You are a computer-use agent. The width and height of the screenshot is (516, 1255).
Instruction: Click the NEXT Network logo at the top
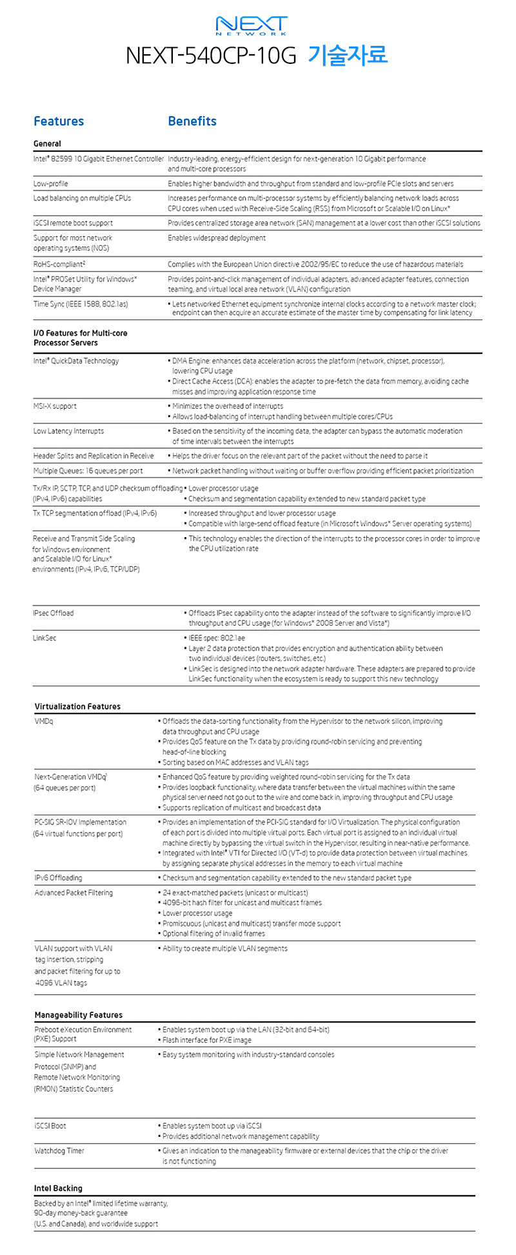tap(252, 26)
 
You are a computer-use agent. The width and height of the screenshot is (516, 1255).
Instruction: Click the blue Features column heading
tap(59, 121)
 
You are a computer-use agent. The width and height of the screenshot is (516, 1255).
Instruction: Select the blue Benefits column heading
tap(192, 121)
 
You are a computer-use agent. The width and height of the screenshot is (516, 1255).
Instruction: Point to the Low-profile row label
tap(50, 184)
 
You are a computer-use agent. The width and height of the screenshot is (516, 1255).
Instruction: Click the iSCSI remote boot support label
tap(73, 223)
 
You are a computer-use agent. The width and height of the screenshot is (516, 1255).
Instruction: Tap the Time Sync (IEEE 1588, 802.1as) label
tap(81, 304)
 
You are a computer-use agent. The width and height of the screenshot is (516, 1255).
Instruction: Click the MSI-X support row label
tap(55, 407)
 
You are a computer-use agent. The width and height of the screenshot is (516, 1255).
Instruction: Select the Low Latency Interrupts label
tap(68, 431)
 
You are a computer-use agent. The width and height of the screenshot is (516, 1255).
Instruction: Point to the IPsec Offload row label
tap(53, 613)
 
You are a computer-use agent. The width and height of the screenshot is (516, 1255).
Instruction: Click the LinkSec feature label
tap(45, 638)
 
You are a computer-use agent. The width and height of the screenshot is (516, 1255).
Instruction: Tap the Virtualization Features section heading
tap(77, 707)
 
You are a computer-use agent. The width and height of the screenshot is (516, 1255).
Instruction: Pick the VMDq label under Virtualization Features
tap(44, 722)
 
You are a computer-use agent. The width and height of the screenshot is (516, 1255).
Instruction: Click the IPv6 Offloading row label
tap(58, 878)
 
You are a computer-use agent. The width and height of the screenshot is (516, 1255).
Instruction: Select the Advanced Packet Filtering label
tap(74, 893)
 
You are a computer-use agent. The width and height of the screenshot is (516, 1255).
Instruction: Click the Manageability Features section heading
tap(78, 1015)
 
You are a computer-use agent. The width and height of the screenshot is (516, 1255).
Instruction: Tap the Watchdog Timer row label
tap(59, 1151)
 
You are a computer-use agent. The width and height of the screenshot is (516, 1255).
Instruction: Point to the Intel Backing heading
tap(58, 1189)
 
